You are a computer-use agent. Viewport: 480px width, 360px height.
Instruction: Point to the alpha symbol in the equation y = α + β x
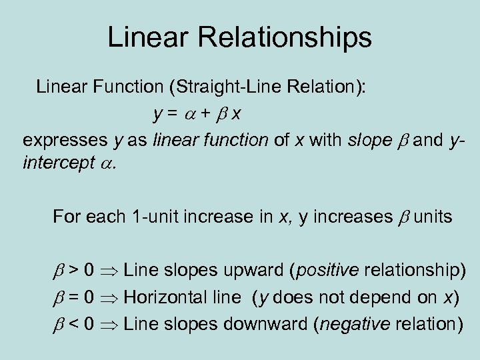point(189,114)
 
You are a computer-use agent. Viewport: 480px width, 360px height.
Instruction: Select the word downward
point(262,324)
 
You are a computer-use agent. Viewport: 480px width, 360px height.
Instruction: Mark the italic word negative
point(355,324)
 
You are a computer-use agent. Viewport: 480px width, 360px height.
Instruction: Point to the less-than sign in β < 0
point(77,325)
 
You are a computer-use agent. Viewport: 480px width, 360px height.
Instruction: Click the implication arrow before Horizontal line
point(111,298)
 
